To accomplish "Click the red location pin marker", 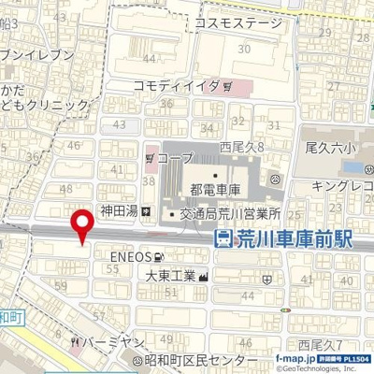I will click(x=82, y=224).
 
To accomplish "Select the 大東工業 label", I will click(x=170, y=276).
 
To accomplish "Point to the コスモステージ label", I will click(x=237, y=24).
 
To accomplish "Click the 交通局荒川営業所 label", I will click(x=231, y=213).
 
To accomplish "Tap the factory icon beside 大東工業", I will click(x=204, y=276).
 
